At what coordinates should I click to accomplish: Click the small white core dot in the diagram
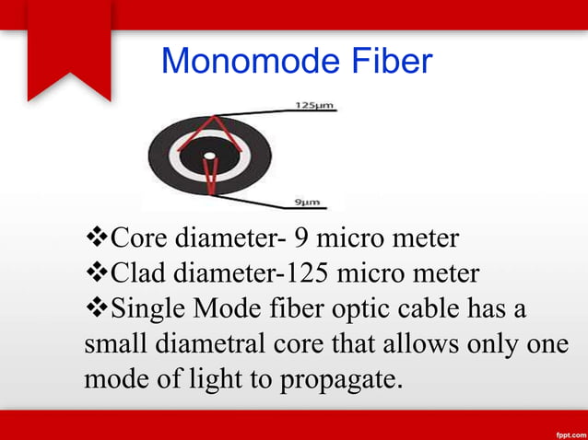[209, 155]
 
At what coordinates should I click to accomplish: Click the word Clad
[139, 273]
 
